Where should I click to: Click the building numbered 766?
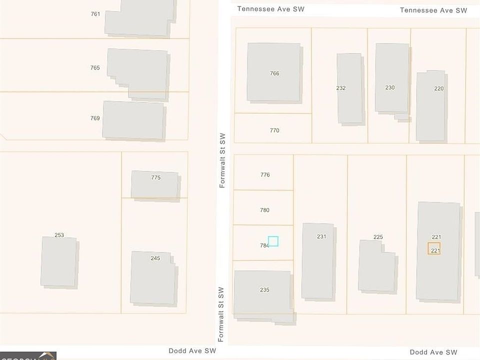pyautogui.click(x=274, y=72)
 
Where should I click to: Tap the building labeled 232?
pyautogui.click(x=349, y=88)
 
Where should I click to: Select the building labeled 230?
pyautogui.click(x=391, y=78)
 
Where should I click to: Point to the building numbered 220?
pyautogui.click(x=430, y=106)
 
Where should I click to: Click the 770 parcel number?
pyautogui.click(x=274, y=130)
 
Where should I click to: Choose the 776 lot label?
pyautogui.click(x=265, y=175)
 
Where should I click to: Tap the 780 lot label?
pyautogui.click(x=264, y=210)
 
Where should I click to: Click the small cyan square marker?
pyautogui.click(x=273, y=241)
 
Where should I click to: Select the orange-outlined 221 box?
pyautogui.click(x=434, y=248)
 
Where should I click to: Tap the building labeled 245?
pyautogui.click(x=153, y=277)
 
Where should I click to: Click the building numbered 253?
pyautogui.click(x=58, y=261)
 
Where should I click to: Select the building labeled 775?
pyautogui.click(x=154, y=184)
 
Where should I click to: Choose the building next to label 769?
pyautogui.click(x=133, y=120)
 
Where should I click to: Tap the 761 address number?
pyautogui.click(x=95, y=14)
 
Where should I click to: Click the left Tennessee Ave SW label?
pyautogui.click(x=270, y=9)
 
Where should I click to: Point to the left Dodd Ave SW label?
pyautogui.click(x=192, y=351)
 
